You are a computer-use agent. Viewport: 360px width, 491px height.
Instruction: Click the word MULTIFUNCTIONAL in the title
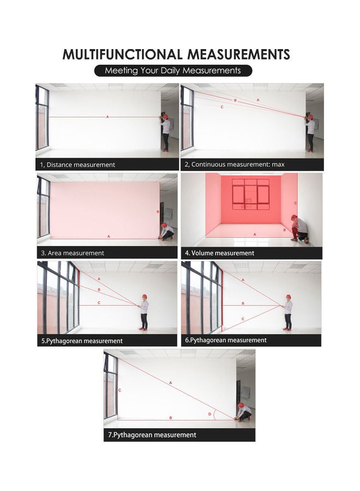(122, 55)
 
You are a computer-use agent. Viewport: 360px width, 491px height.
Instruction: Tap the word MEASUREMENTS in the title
(238, 55)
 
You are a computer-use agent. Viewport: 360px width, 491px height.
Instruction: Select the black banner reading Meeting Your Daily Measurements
(172, 71)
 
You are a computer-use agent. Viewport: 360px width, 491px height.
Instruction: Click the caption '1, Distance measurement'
(77, 164)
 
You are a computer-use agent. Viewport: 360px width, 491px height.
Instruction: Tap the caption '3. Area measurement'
(73, 253)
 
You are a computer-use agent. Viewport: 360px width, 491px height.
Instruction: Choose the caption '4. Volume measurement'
(219, 253)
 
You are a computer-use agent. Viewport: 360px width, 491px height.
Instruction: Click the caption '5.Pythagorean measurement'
(82, 341)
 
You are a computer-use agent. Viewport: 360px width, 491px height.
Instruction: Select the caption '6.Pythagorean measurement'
(226, 340)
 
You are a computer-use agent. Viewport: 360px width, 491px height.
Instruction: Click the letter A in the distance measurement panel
(107, 117)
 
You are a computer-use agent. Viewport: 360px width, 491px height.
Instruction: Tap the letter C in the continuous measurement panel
(222, 107)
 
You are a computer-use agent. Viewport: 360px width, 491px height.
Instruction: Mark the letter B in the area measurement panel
(158, 212)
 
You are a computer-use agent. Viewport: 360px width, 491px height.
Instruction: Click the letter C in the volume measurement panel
(296, 203)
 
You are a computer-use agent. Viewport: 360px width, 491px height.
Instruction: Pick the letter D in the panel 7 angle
(209, 415)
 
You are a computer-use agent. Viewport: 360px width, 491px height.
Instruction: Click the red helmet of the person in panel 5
(144, 296)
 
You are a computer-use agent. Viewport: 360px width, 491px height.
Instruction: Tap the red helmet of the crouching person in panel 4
(294, 217)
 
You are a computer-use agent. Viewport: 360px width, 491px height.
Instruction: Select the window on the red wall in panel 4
(250, 193)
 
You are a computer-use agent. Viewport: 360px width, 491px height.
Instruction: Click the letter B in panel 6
(242, 303)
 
